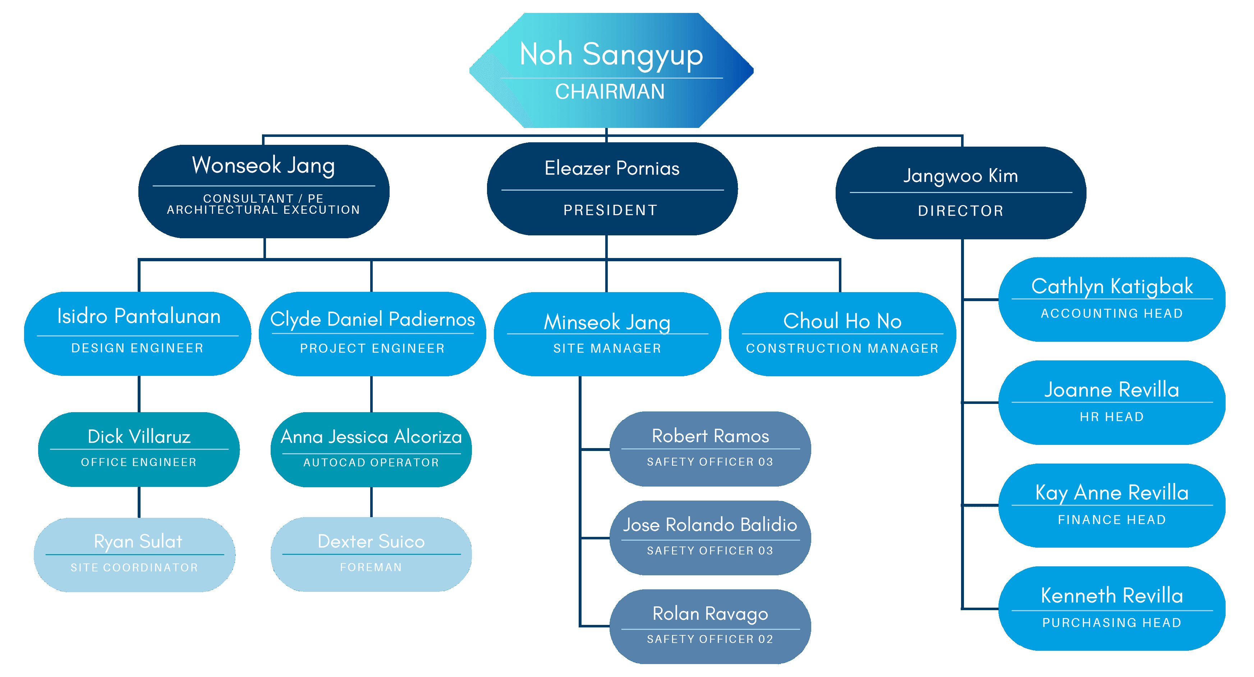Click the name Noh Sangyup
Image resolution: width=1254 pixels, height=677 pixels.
611,55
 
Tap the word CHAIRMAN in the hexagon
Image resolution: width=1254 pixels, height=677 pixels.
610,92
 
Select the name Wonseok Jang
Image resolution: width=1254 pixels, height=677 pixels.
263,166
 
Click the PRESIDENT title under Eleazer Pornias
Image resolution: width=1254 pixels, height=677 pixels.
610,210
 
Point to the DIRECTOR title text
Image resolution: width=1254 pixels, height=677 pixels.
960,211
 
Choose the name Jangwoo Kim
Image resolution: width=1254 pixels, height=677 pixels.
960,176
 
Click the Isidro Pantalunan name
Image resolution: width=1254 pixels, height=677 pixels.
139,316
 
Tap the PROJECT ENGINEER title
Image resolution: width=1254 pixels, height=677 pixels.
372,349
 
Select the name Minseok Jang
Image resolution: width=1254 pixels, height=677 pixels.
607,322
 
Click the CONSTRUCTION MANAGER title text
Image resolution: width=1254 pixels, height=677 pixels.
842,349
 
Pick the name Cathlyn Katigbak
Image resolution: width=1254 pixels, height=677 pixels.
1112,286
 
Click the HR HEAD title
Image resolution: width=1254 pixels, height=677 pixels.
1112,417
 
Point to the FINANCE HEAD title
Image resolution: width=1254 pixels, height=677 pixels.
1112,520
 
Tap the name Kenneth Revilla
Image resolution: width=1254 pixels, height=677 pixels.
1112,596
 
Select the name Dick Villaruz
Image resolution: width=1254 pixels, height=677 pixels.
139,437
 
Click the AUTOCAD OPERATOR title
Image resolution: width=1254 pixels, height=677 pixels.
371,462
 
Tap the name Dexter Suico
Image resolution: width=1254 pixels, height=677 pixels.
371,542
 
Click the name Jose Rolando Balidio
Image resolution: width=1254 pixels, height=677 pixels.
710,525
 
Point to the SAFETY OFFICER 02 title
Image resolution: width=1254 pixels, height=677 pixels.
710,639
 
